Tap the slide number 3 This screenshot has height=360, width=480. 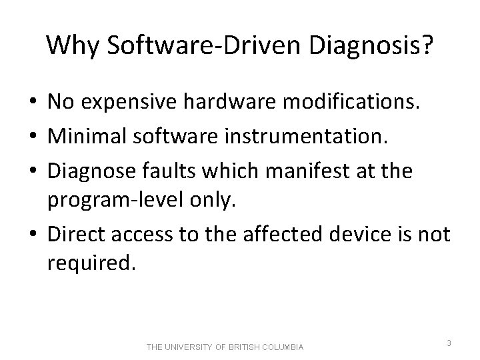[449, 343]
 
